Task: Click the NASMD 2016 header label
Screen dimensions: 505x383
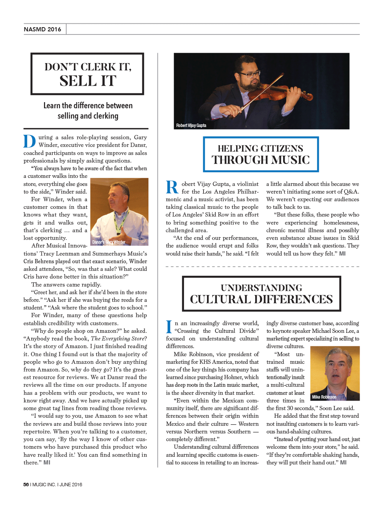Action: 42,29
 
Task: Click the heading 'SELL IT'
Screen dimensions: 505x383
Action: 88,81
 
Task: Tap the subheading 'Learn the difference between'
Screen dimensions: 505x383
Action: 88,106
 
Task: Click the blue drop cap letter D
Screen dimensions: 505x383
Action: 29,141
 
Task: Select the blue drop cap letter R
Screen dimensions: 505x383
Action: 172,187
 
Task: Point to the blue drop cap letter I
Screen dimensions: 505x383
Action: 169,327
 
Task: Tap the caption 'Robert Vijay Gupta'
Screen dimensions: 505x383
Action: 191,125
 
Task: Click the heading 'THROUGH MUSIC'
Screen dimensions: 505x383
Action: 261,160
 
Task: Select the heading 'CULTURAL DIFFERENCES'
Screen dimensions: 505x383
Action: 261,299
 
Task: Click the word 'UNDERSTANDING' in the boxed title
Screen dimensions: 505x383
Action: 261,288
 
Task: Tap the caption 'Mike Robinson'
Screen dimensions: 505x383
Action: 324,397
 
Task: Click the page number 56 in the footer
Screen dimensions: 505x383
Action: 26,484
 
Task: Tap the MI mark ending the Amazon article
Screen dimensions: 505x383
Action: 47,463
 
